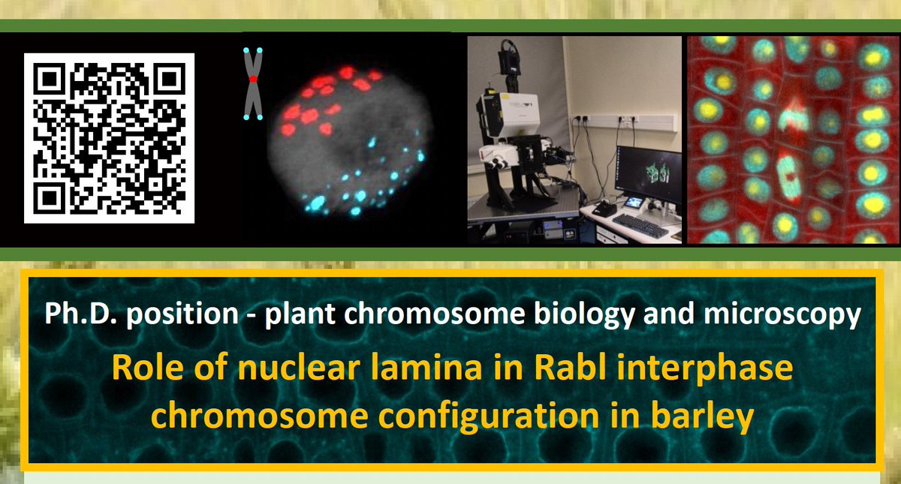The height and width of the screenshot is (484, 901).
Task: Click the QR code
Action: pos(109,138)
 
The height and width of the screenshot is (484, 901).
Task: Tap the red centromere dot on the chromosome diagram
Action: pos(253,80)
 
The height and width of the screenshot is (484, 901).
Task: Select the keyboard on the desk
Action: pos(640,226)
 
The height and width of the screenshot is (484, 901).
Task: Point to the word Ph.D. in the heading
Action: pos(80,314)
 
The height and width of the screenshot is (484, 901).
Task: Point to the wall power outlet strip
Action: pos(625,122)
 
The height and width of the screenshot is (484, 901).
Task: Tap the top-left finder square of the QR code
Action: pos(49,78)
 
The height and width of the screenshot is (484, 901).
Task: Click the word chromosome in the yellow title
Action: pos(260,416)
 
